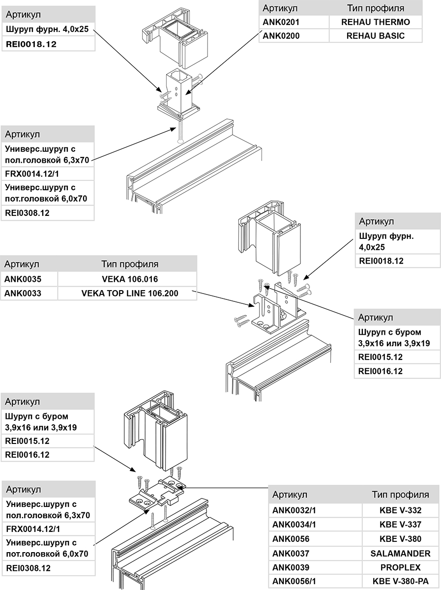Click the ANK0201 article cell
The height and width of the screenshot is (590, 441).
tap(282, 22)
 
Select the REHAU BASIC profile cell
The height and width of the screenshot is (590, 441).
tap(375, 36)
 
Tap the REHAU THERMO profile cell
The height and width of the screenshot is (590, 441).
tap(375, 22)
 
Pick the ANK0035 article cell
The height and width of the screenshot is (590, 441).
tap(23, 279)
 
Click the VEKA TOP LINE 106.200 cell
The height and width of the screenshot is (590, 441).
tap(130, 294)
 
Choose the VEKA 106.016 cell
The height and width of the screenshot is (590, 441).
tap(130, 279)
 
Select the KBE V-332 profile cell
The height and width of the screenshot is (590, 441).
tap(397, 510)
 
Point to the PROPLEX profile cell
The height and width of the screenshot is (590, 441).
tap(397, 567)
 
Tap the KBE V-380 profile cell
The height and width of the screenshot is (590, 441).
tap(397, 539)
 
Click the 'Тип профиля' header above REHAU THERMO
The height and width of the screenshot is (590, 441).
tap(375, 8)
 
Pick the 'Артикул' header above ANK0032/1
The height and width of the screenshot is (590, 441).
tap(290, 495)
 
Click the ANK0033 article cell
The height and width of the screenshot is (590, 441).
tap(23, 294)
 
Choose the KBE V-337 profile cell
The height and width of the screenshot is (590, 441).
tap(397, 525)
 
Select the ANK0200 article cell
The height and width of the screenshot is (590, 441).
tap(282, 36)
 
